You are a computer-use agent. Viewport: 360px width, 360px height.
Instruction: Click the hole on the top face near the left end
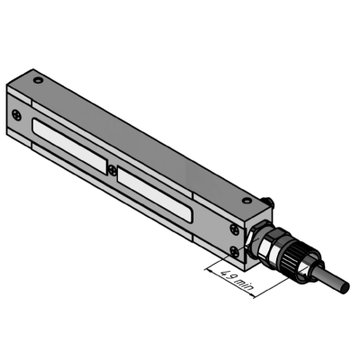click(38, 80)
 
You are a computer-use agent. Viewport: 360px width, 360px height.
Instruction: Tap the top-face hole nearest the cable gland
click(247, 200)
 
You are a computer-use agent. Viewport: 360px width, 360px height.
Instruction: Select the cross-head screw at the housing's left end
click(16, 115)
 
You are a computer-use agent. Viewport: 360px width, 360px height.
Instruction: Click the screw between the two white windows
click(112, 170)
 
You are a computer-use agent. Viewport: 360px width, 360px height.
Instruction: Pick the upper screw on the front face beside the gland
click(235, 229)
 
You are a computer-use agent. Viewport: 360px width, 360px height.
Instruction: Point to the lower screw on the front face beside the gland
click(235, 251)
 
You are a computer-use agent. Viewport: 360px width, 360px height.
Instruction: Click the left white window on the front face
click(69, 146)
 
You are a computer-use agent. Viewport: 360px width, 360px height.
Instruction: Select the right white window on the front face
click(155, 195)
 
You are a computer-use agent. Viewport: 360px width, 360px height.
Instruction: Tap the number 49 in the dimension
click(228, 274)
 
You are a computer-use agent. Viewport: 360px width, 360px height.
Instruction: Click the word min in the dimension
click(245, 284)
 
